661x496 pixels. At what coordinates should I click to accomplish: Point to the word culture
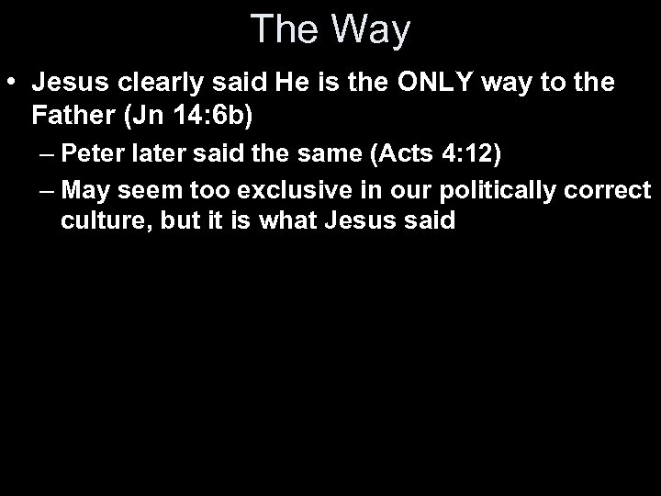(94, 222)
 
